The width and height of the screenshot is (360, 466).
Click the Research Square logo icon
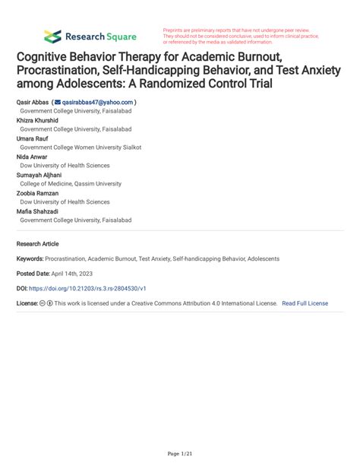(52, 36)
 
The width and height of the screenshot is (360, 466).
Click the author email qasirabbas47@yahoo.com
(98, 102)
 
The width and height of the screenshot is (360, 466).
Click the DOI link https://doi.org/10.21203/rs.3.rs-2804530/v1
(87, 289)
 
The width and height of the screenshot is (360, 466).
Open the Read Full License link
(305, 303)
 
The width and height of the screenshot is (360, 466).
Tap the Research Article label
(37, 244)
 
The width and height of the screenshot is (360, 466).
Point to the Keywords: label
(30, 258)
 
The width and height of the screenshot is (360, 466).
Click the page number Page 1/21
(180, 454)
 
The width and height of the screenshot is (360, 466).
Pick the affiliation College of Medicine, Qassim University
(71, 184)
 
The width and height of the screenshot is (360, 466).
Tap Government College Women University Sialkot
(81, 147)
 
